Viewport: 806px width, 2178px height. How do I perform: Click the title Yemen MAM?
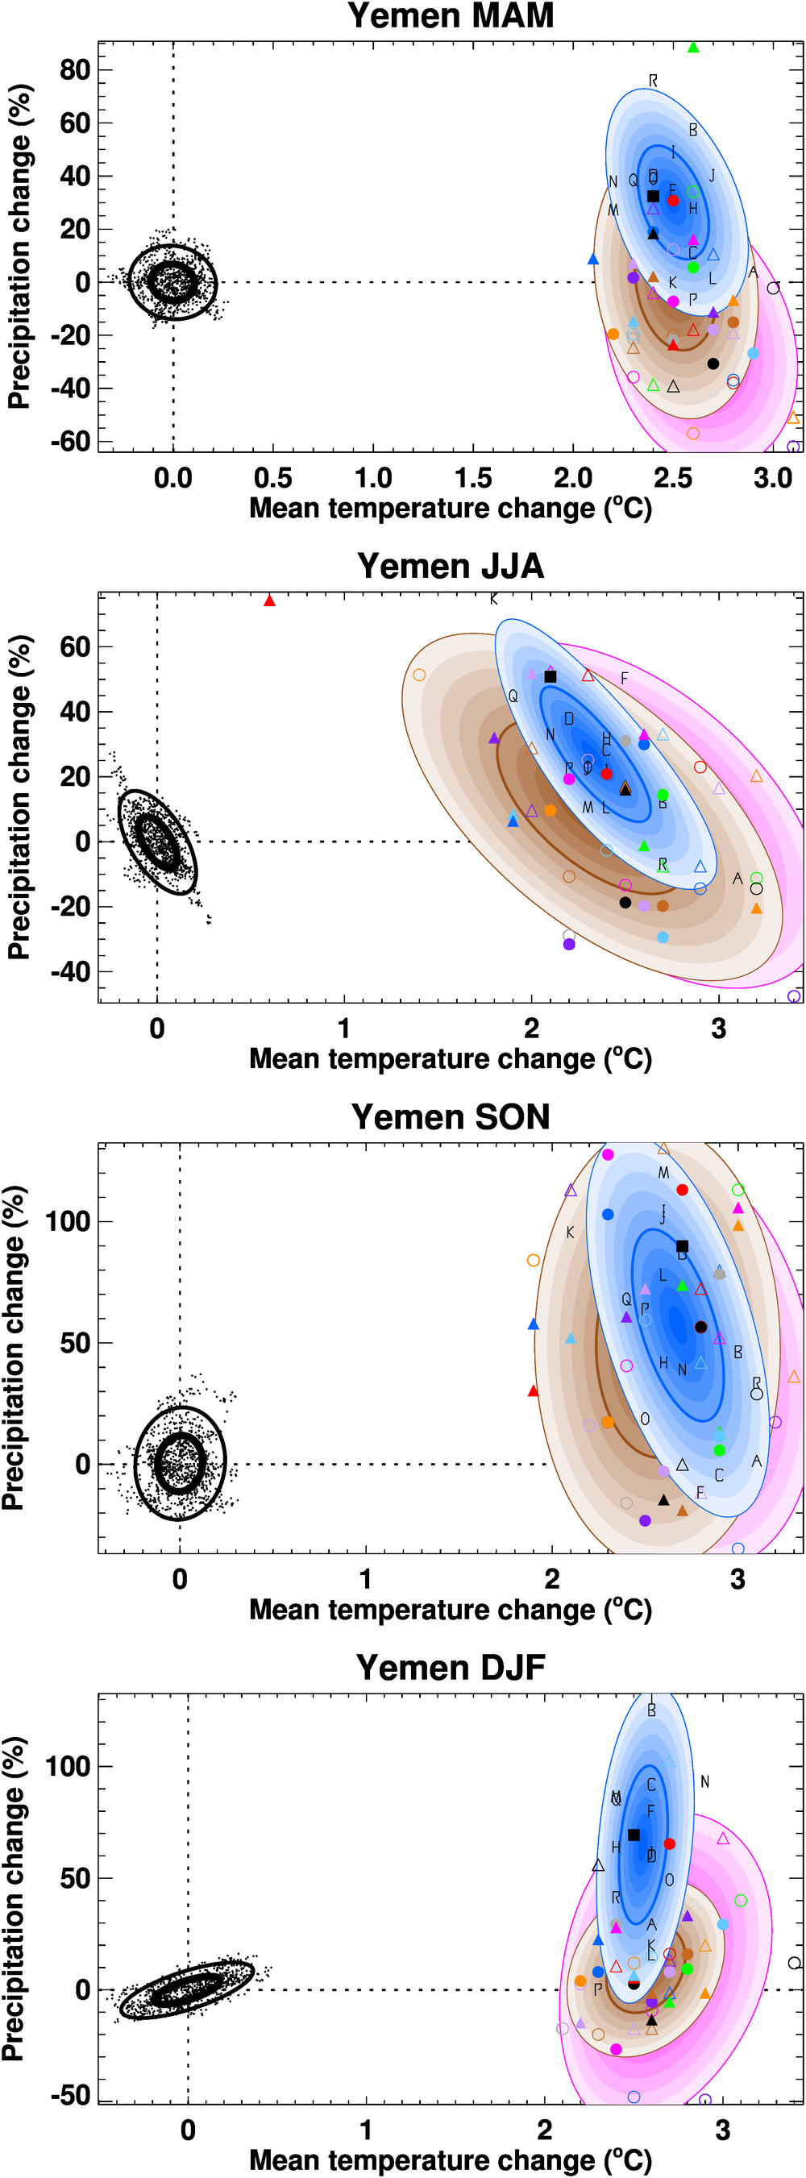pos(450,16)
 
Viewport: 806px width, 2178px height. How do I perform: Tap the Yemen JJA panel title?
pos(450,567)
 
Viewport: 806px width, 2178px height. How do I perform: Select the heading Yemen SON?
pos(450,1117)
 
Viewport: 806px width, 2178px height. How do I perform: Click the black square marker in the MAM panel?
pos(653,196)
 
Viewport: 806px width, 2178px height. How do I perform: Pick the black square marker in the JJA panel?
pos(550,676)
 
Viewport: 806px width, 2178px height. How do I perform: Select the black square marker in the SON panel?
pos(683,1246)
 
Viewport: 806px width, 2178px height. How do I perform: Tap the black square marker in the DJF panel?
pos(634,1835)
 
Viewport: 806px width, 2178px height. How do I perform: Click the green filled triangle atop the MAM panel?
pos(693,48)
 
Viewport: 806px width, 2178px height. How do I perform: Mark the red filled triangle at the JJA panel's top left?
pos(270,601)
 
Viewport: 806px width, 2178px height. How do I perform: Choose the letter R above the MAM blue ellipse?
pos(653,81)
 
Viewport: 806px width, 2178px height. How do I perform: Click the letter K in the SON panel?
pos(570,1232)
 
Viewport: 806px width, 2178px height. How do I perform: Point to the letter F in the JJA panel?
pos(624,678)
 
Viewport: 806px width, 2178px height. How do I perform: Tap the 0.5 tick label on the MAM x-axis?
pos(273,479)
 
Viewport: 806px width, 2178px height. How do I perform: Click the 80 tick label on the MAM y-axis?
pos(74,70)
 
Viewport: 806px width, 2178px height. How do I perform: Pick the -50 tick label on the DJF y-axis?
pos(69,2095)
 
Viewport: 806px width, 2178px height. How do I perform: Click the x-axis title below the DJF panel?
pos(450,2160)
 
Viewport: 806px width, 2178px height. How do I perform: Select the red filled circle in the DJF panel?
pos(670,1843)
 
